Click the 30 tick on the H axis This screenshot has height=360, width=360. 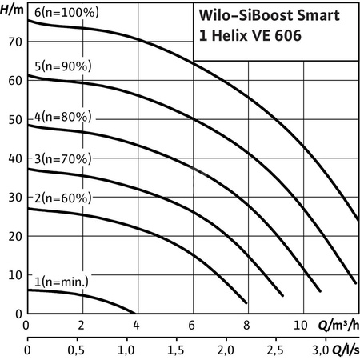tap(13, 197)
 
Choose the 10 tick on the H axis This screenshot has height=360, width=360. tap(13, 275)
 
